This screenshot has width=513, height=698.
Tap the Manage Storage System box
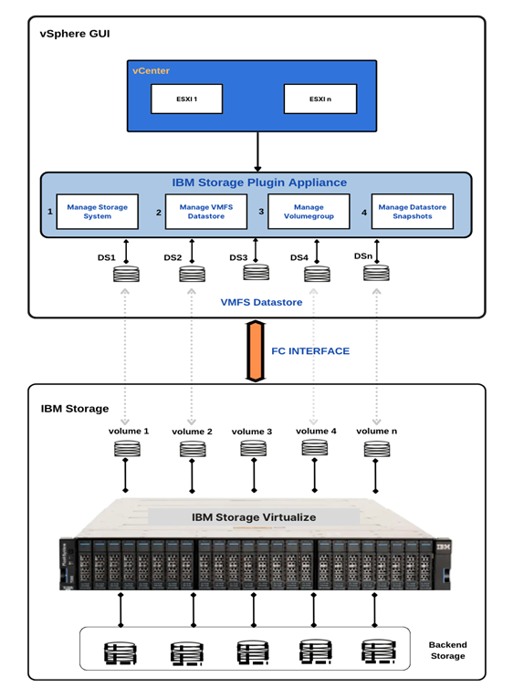98,212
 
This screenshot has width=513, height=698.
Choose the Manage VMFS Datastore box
205,212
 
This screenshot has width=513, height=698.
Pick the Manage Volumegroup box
308,212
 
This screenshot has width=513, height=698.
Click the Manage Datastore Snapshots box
411,212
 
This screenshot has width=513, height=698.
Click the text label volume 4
316,431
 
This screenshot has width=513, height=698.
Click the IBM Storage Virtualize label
254,516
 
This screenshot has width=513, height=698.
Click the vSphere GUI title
70,34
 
